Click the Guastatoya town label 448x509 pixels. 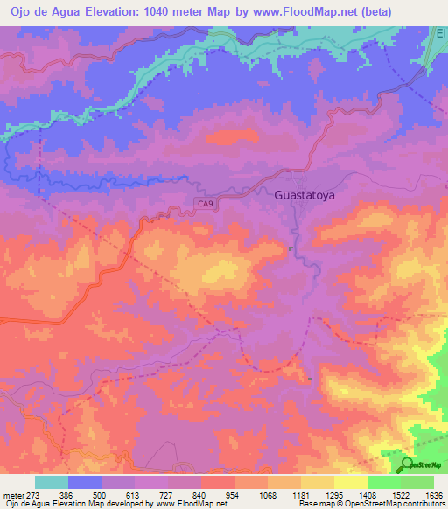coord(305,197)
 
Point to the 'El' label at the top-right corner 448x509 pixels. coord(441,32)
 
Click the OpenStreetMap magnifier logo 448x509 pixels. coord(407,464)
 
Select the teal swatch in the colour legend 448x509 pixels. coord(52,482)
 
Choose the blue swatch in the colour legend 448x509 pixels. coord(85,482)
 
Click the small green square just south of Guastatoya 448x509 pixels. coord(291,248)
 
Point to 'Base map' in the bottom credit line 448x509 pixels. coord(314,505)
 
